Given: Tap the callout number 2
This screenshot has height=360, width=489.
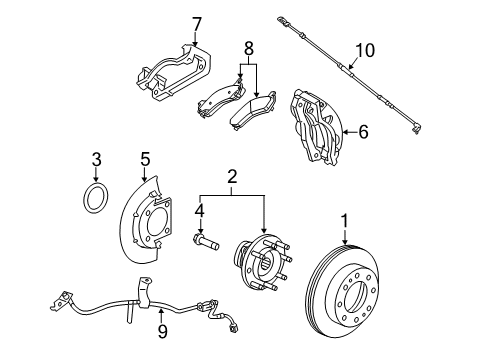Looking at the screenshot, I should click(232, 177).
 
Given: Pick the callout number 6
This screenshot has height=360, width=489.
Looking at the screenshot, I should click(363, 130).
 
